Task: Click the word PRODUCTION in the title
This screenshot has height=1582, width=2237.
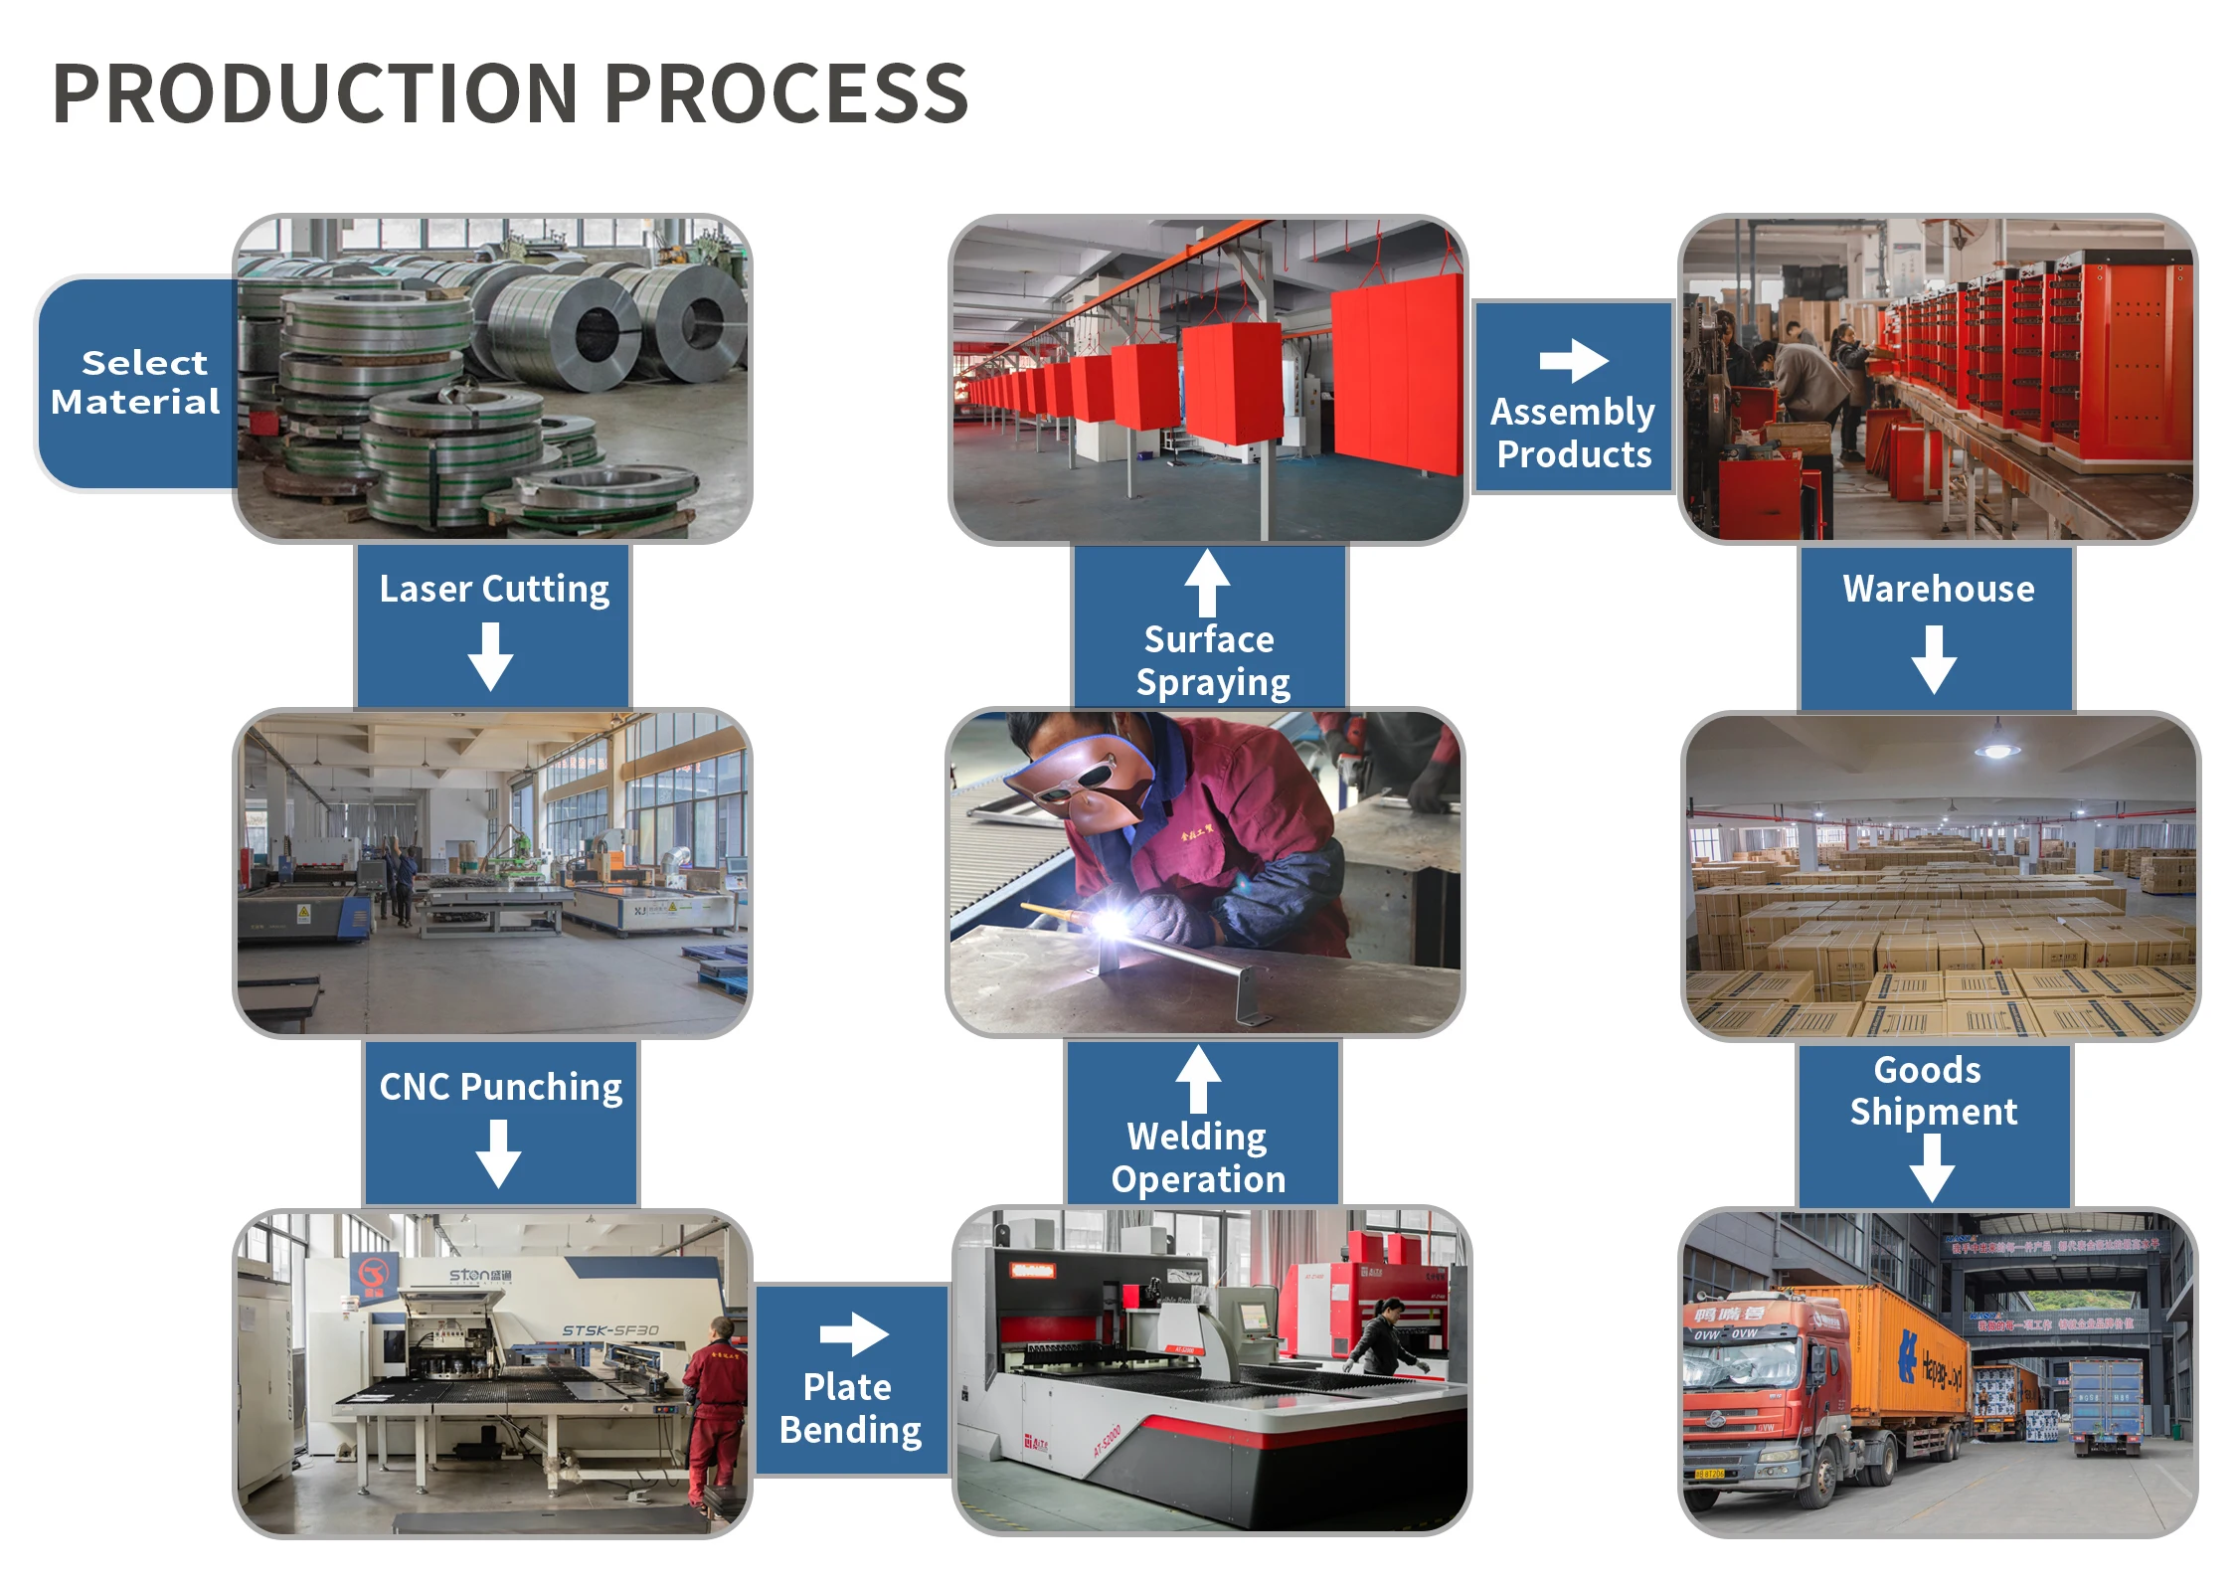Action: [314, 93]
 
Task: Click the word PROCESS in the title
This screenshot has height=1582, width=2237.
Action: [785, 93]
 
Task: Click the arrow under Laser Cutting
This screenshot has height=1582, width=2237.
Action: [491, 656]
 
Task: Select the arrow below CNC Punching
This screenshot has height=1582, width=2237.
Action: [498, 1153]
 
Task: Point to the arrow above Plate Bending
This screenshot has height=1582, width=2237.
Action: [853, 1334]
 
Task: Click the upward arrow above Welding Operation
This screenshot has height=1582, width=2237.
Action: [1198, 1079]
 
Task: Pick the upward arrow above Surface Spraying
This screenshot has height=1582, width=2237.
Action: [1207, 583]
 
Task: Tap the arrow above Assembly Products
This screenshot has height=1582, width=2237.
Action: [1573, 360]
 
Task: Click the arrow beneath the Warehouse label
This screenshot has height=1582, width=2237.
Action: [1934, 659]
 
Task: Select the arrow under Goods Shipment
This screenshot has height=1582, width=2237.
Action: [1932, 1168]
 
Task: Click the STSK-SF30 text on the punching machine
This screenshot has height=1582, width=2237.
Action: [609, 1330]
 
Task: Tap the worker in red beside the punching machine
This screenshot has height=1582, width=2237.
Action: [714, 1412]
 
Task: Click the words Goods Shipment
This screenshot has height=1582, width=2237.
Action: [1933, 1091]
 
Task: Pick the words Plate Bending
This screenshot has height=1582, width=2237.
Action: [850, 1408]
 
